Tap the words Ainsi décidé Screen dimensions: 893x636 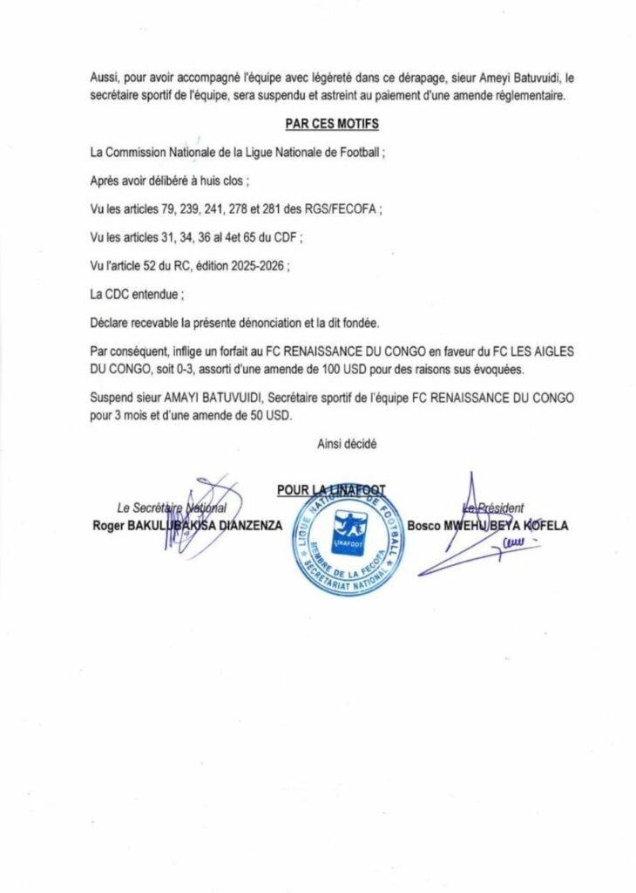[x=347, y=443]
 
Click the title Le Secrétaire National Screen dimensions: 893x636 [x=172, y=508]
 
